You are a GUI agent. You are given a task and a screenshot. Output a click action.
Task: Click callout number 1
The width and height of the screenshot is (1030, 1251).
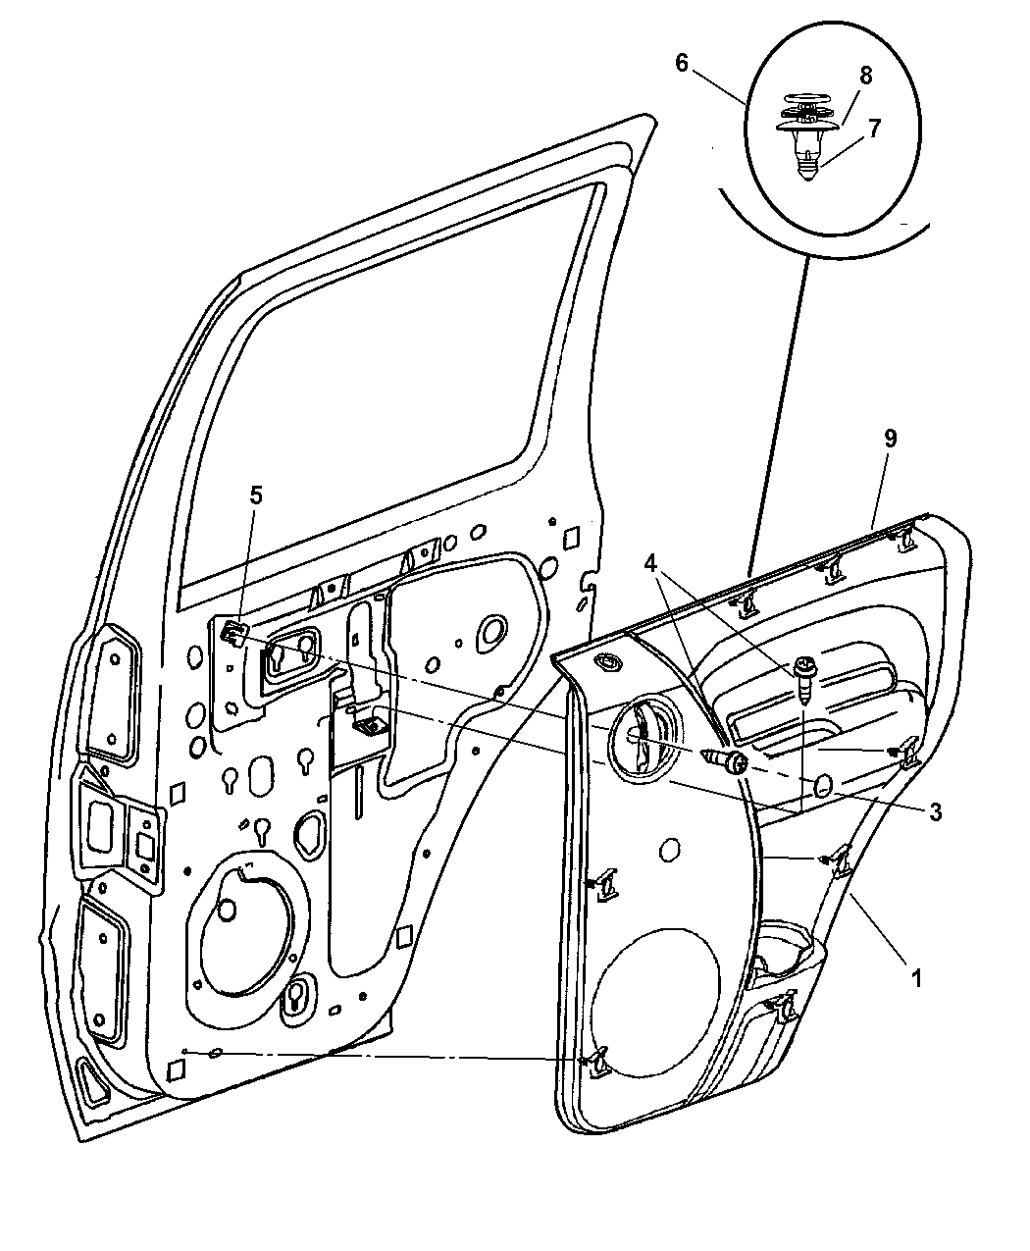click(916, 978)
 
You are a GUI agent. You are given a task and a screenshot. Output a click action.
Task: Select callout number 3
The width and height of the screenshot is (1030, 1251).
click(935, 812)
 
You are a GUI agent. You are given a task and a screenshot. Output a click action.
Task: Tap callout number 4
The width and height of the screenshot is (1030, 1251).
click(651, 562)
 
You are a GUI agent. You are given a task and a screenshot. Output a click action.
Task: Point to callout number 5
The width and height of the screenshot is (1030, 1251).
click(256, 495)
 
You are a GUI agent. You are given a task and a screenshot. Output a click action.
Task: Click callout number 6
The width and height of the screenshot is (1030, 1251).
click(682, 63)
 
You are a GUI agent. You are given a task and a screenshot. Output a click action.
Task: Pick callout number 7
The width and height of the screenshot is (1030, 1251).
click(874, 129)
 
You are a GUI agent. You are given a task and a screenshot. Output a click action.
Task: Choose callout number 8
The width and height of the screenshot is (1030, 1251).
click(866, 77)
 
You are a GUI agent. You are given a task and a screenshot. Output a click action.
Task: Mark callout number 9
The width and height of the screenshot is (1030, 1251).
click(891, 439)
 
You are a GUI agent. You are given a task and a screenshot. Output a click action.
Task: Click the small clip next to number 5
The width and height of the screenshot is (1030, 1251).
click(234, 632)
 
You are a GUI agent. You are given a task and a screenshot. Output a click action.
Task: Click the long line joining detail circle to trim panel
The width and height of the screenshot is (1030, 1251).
click(779, 416)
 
